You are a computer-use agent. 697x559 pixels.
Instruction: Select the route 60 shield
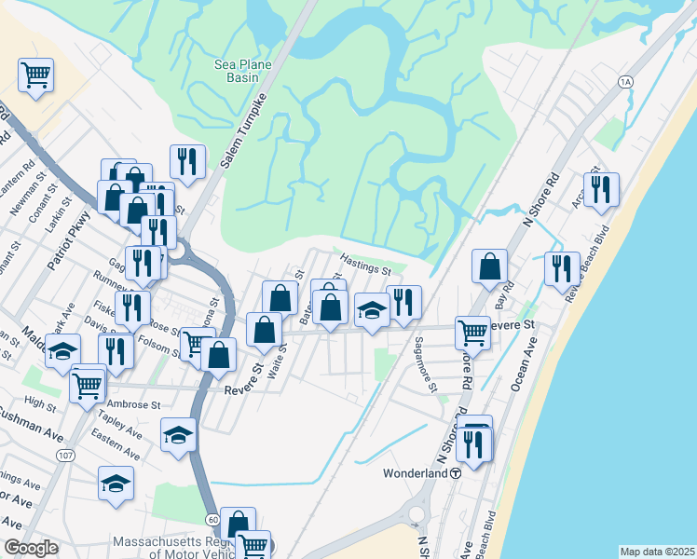pyautogui.click(x=214, y=518)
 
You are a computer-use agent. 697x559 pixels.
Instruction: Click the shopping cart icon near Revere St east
pyautogui.click(x=472, y=331)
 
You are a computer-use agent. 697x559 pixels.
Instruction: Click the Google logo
pyautogui.click(x=31, y=548)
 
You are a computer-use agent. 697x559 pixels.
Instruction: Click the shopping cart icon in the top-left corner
pyautogui.click(x=35, y=75)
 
